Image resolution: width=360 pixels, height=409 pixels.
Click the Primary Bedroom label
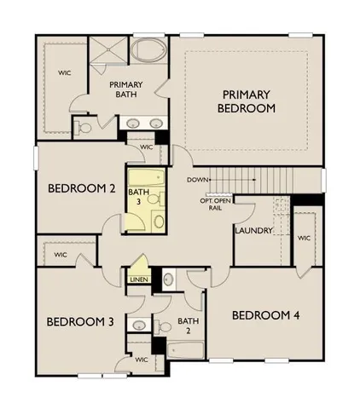coord(247,101)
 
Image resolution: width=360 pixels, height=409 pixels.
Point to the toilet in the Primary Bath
coord(84,128)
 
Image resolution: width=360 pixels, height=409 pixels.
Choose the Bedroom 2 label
coord(81,188)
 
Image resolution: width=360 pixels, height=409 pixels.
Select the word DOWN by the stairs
coord(198,180)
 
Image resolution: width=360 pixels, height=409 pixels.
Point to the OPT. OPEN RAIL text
coord(217,204)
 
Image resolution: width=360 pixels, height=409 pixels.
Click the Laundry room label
coord(253,230)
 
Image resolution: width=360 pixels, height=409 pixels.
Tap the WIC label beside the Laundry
coord(304,238)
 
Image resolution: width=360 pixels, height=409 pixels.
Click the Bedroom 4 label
coord(266,315)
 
